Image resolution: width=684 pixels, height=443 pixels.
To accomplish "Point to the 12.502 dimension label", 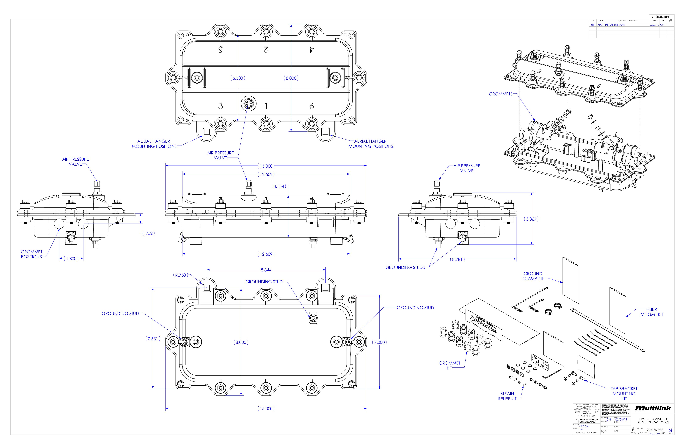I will pyautogui.click(x=266, y=174).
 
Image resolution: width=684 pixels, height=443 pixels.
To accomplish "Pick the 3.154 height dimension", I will pyautogui.click(x=279, y=186).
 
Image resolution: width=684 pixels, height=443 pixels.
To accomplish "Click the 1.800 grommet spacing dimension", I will pyautogui.click(x=71, y=259).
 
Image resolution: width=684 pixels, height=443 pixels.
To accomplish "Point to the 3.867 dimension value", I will pyautogui.click(x=531, y=219).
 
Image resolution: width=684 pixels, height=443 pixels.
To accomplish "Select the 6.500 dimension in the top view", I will pyautogui.click(x=238, y=78).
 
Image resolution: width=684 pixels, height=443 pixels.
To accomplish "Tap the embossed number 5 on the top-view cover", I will pyautogui.click(x=221, y=50).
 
